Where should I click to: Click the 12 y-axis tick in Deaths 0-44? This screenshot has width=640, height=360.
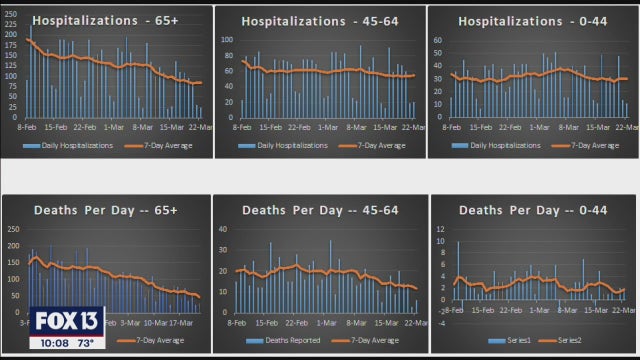(x=440, y=228)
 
